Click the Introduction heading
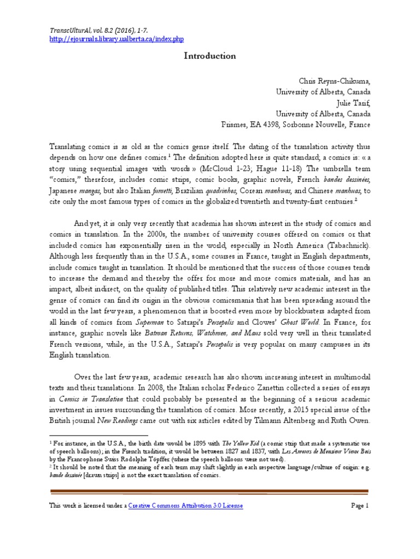coord(210,56)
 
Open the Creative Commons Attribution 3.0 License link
coord(186,506)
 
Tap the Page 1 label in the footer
coord(360,506)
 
